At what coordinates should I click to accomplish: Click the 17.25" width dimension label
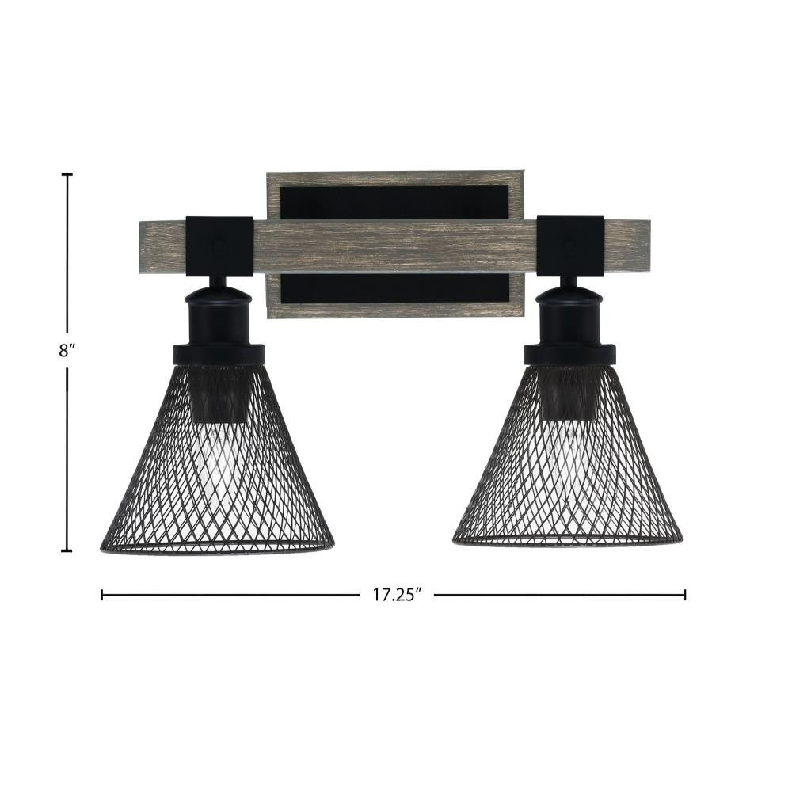[397, 595]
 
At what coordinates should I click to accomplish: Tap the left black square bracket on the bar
[219, 246]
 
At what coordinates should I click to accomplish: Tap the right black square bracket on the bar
[570, 246]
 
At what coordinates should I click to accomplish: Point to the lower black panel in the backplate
[394, 288]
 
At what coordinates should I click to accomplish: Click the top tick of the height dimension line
[67, 174]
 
